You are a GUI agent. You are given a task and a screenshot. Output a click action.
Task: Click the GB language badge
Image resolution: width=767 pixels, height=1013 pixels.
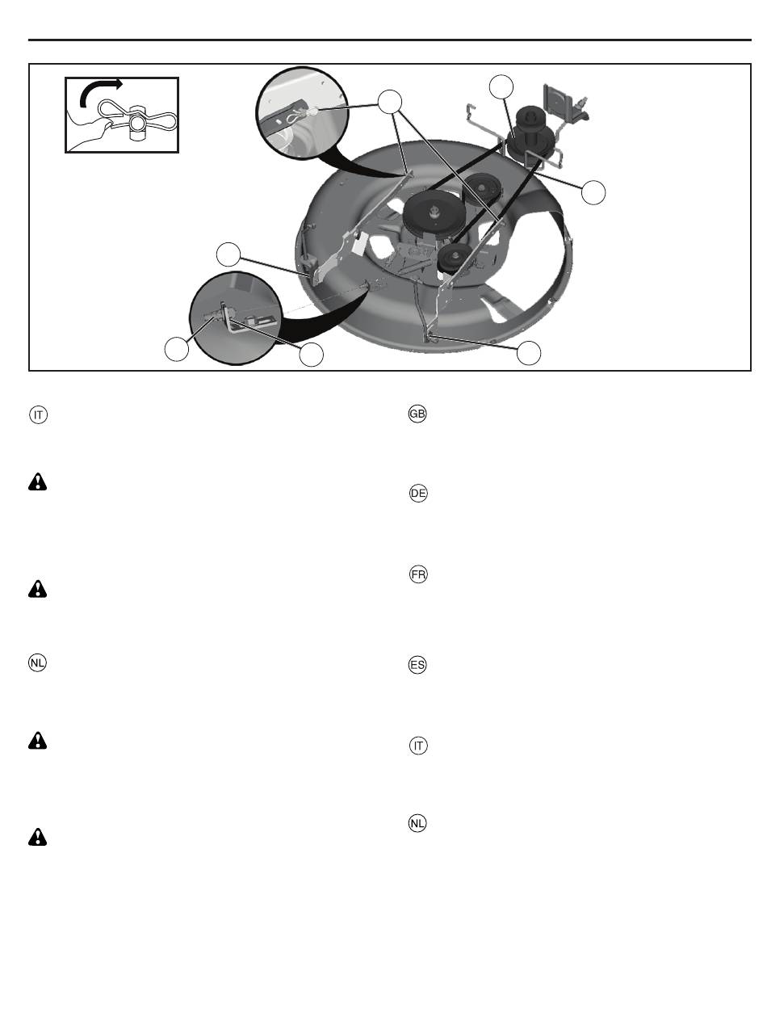coord(417,414)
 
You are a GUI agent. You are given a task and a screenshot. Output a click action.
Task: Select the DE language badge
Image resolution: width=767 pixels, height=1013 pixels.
coord(418,493)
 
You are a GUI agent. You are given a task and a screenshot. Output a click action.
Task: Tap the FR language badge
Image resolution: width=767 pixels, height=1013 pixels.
coord(418,574)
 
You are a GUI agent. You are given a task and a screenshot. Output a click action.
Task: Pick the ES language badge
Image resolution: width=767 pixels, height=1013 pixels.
coord(417,665)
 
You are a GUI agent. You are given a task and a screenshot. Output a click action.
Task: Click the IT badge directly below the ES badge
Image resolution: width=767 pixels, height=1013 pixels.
coord(418,746)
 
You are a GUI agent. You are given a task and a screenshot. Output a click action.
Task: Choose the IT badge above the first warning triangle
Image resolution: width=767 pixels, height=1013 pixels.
coord(38,415)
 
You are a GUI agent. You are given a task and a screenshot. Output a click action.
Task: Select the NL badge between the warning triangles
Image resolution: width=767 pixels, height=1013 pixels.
coord(37,662)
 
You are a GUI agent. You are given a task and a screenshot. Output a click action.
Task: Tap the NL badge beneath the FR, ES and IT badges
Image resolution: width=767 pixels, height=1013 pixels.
coord(417,823)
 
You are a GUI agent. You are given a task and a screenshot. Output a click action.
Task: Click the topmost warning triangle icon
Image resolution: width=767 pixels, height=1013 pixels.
coord(37,481)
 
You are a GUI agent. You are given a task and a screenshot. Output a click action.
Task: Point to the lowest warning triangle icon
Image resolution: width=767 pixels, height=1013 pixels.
coord(37,837)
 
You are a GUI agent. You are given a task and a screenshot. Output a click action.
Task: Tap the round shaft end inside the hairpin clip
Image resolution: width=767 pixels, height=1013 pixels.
coord(136,124)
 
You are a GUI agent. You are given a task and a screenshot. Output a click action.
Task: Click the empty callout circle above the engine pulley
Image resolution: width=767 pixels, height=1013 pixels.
coord(501,86)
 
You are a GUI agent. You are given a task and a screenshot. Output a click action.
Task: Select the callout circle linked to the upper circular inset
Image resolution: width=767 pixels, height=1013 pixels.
coord(389,102)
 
